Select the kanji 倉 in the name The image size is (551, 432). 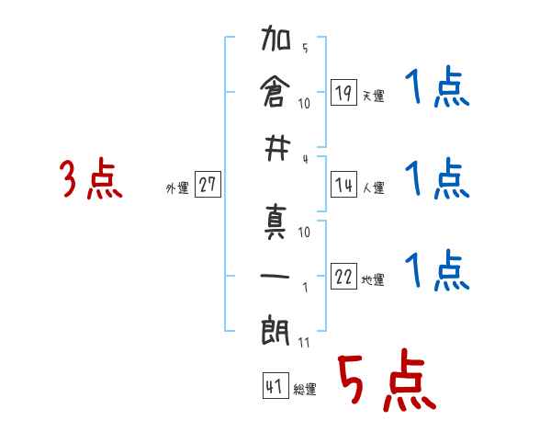click(x=275, y=92)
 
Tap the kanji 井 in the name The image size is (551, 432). click(x=275, y=144)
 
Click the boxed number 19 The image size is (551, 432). click(x=343, y=92)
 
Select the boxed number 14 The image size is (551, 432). click(x=343, y=185)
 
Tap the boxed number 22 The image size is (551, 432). click(x=343, y=277)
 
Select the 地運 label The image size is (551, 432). click(x=373, y=280)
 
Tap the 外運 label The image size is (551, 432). click(x=176, y=188)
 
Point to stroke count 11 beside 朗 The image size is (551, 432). click(x=304, y=342)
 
